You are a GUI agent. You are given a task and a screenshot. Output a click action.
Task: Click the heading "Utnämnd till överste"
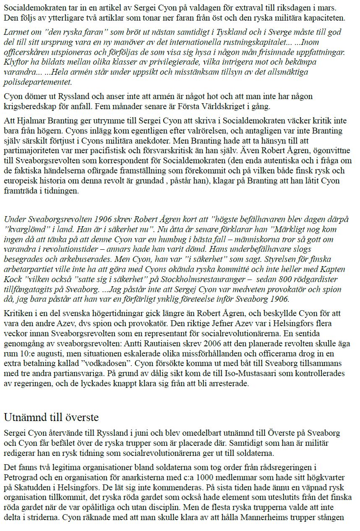[51, 418]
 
